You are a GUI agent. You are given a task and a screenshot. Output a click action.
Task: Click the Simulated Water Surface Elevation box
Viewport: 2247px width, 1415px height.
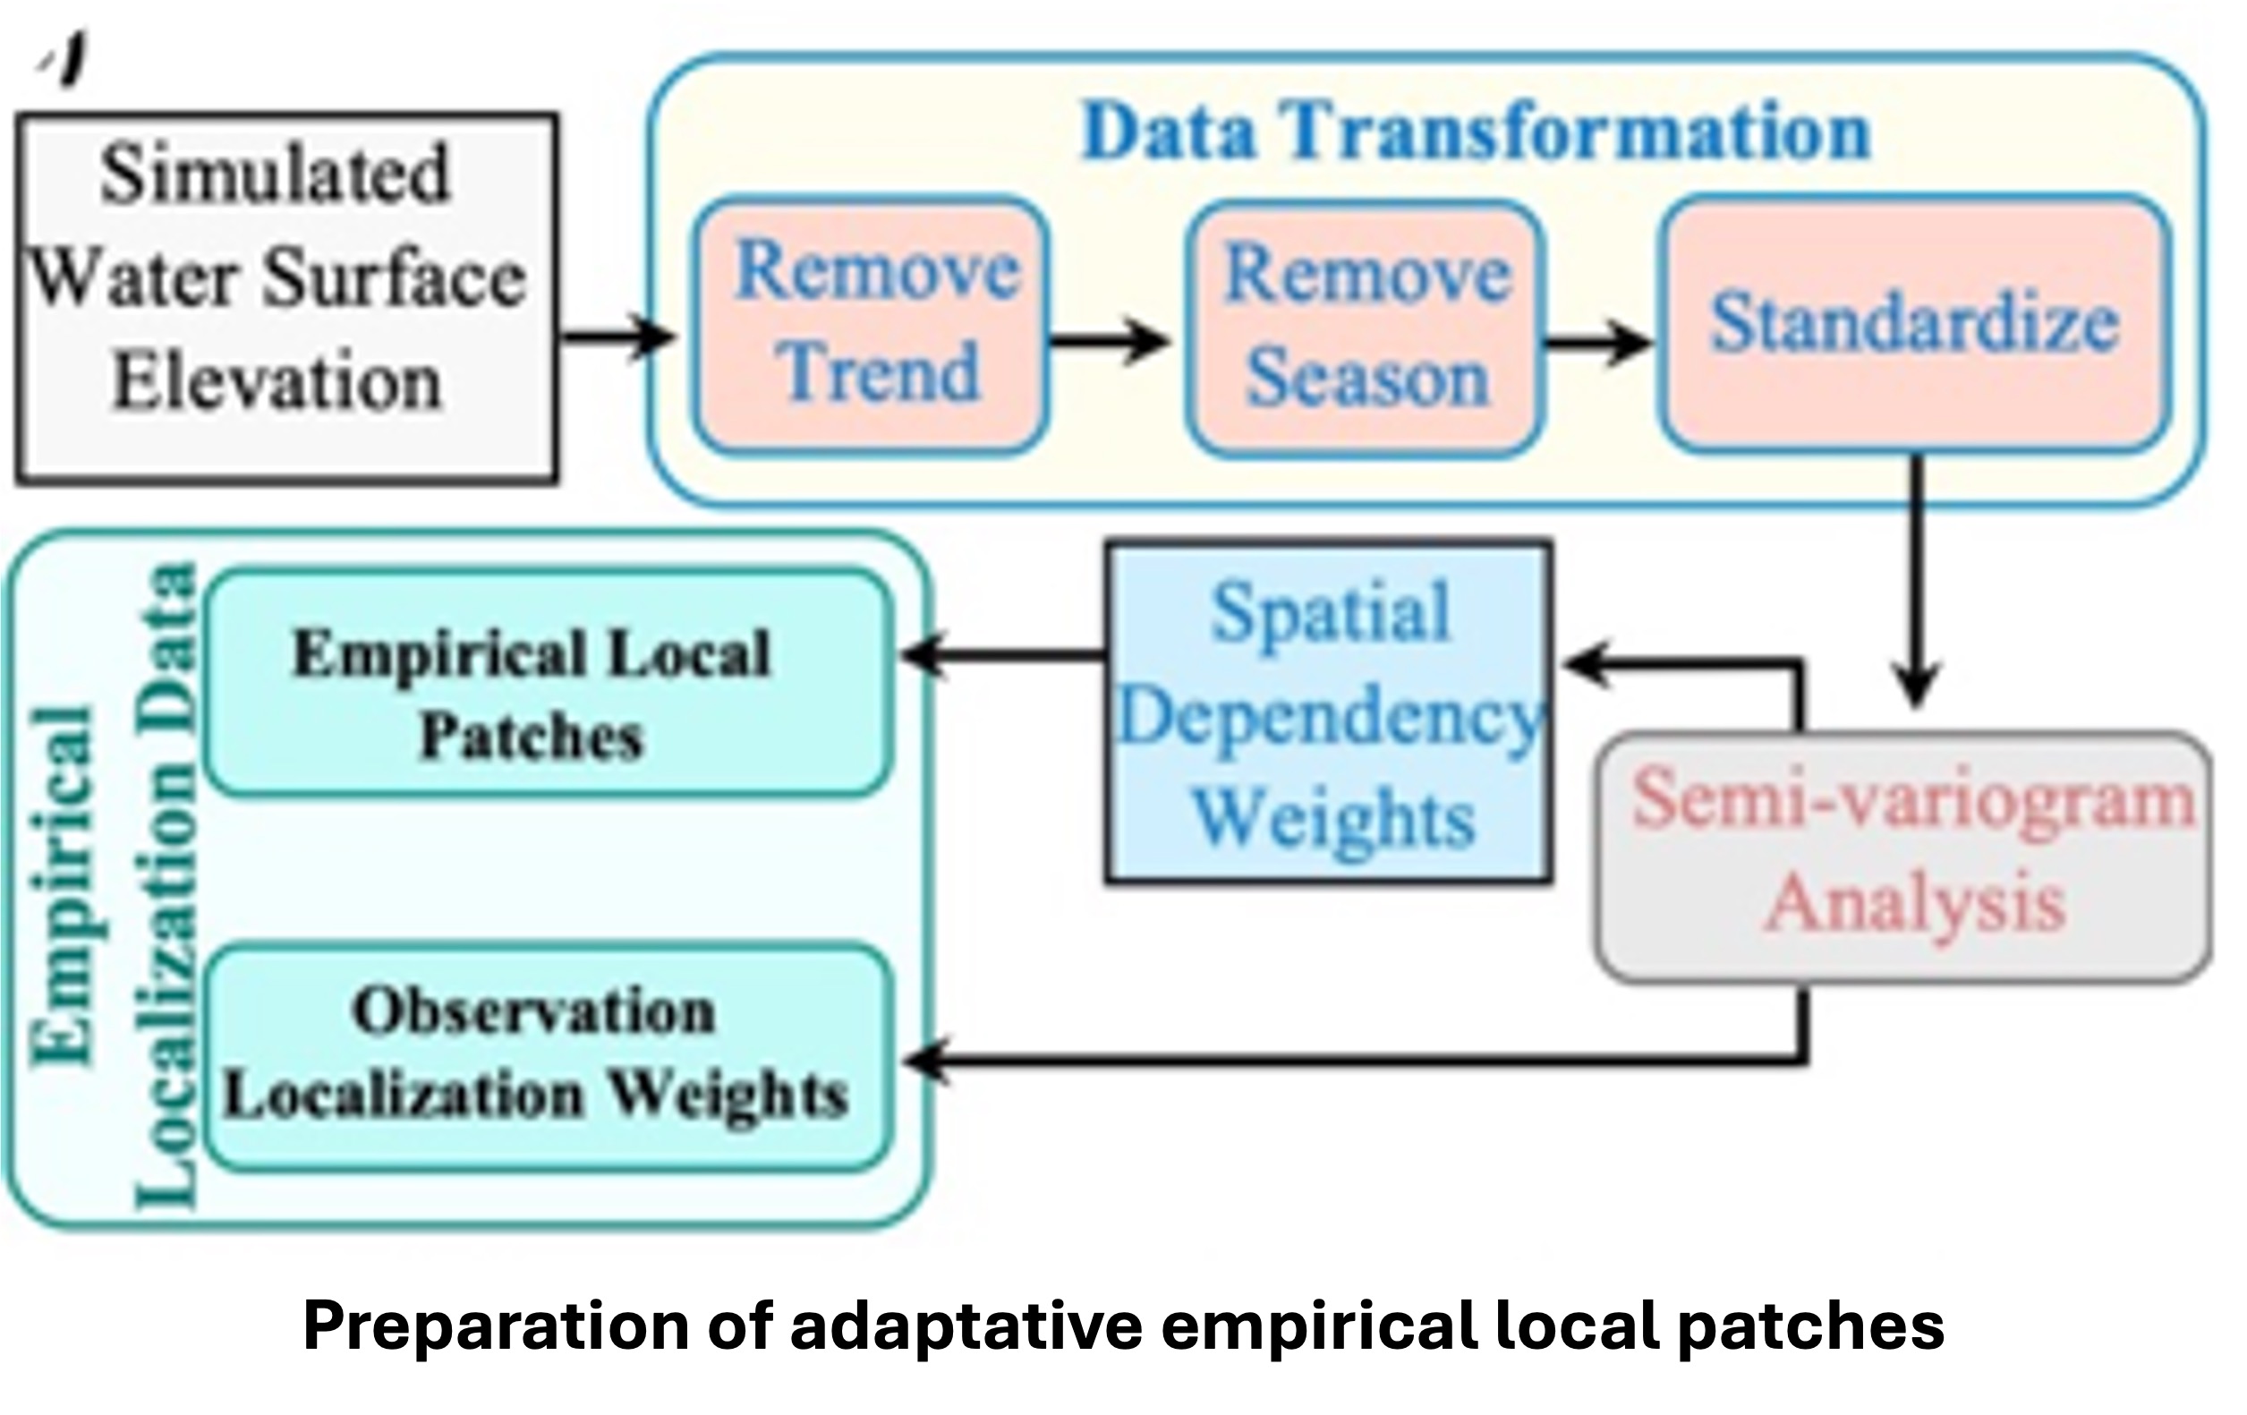coord(286,298)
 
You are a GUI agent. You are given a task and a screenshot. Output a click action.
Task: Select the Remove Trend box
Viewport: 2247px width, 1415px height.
coord(871,326)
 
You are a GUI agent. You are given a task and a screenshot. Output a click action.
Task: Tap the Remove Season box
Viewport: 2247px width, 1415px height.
coord(1366,328)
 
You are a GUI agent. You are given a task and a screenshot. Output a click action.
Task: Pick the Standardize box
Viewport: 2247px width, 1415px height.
coord(1915,324)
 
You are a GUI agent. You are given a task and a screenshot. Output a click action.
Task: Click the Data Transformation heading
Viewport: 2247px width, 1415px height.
coord(1477,132)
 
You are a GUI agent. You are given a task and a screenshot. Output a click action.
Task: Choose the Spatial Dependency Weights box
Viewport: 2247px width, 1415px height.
coord(1329,712)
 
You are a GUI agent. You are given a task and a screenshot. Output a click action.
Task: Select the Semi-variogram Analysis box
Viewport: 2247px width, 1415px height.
coord(1903,857)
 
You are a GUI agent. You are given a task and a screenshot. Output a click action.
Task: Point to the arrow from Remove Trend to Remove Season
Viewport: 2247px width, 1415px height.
coord(1109,341)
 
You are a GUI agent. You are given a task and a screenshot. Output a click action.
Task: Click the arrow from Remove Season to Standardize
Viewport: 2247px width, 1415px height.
coord(1597,343)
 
